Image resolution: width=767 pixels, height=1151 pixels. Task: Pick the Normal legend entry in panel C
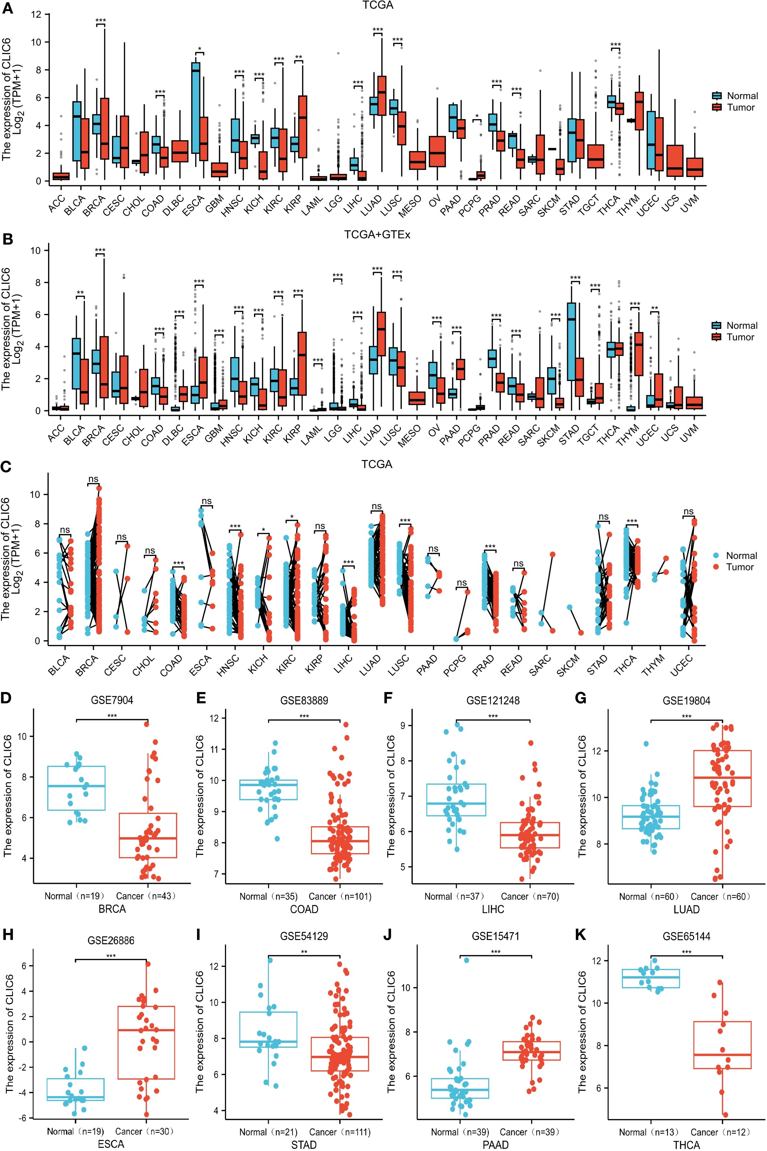(x=735, y=556)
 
